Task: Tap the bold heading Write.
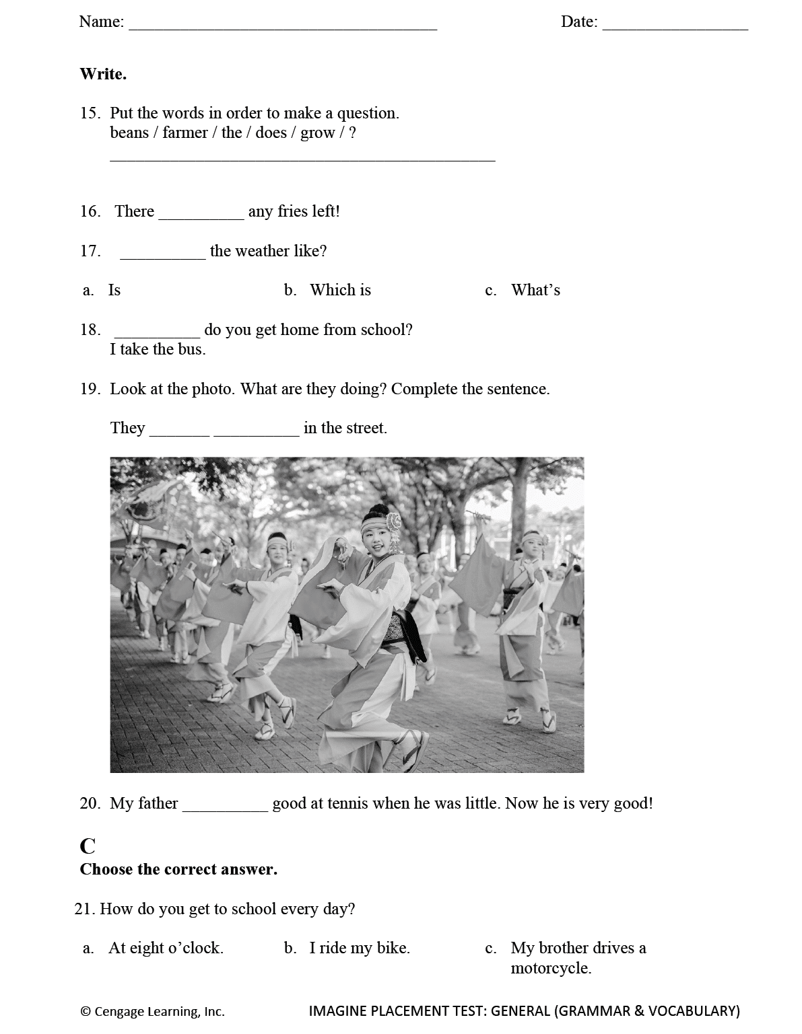pos(103,74)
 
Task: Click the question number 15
pos(90,113)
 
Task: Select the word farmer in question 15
pos(185,133)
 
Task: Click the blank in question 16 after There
pos(201,214)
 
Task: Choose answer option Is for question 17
pos(114,290)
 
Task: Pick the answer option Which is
pos(340,290)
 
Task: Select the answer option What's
pos(535,290)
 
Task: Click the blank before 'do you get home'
pos(158,332)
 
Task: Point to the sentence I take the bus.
pos(158,349)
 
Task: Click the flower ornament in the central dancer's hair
pos(393,522)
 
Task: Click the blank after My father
pos(225,807)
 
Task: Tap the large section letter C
pos(88,846)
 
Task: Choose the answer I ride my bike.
pos(360,948)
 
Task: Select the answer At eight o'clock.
pos(166,948)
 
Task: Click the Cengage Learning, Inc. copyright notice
pos(153,1011)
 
